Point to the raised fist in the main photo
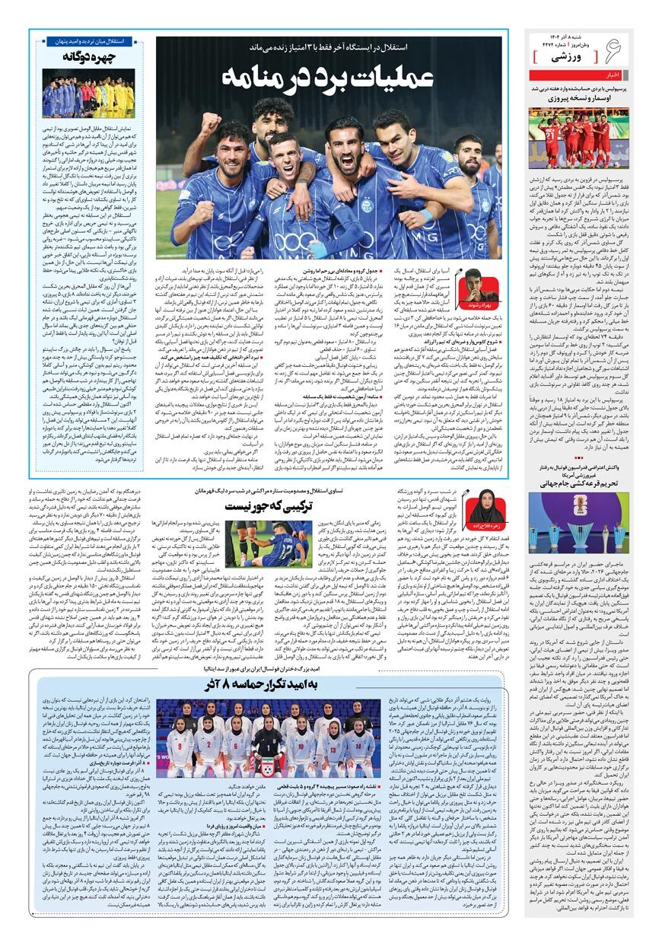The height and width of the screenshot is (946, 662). (x=205, y=121)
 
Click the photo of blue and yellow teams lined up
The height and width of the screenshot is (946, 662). (x=89, y=93)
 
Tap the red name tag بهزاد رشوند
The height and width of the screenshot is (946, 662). (x=473, y=305)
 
